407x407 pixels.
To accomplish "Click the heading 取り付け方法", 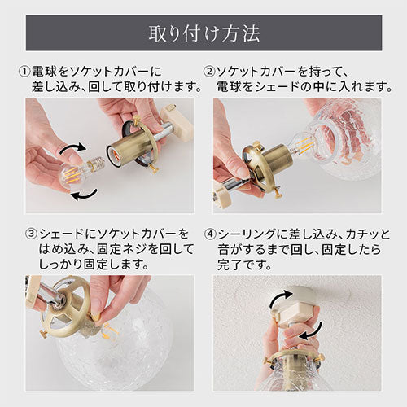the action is coord(204,33).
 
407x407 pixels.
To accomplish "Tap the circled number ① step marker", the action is coord(24,72).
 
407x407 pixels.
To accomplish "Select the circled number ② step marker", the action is coord(209,72).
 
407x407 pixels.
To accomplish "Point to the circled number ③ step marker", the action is coord(31,234).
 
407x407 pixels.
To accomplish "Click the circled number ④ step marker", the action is coord(210,234).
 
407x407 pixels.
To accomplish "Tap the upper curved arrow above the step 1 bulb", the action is coord(73,149).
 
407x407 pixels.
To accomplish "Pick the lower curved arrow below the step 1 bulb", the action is coord(84,195).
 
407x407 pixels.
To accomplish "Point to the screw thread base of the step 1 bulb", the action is coord(96,164).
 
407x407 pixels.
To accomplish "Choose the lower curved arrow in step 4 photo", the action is coord(311,331).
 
